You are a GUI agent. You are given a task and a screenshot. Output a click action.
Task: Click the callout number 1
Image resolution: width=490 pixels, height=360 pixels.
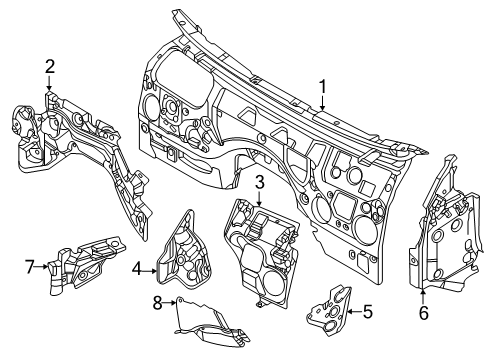322,87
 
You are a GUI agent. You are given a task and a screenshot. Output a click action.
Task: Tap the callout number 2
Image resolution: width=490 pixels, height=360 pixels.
50,67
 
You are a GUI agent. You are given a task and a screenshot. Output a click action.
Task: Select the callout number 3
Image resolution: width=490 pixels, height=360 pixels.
260,183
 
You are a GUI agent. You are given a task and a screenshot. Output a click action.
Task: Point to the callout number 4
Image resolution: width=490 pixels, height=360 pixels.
137,269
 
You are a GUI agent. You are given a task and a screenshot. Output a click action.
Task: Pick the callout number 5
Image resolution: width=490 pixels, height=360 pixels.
368,312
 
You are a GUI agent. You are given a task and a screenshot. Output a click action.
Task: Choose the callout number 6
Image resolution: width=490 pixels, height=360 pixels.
424,313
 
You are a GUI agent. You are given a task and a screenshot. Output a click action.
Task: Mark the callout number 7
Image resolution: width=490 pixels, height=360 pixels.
30,267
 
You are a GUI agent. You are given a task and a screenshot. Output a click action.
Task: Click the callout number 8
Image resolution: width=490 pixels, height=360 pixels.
157,303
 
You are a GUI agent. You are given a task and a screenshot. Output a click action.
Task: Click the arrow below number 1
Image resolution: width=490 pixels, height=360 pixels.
322,103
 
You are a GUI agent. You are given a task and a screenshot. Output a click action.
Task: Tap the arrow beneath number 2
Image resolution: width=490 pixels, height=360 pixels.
49,83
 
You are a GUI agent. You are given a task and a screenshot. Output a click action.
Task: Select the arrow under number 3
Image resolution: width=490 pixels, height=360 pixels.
260,198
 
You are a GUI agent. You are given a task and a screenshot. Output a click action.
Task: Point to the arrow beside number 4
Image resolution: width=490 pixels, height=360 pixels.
150,272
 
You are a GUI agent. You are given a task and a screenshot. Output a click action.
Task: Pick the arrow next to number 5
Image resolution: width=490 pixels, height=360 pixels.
354,312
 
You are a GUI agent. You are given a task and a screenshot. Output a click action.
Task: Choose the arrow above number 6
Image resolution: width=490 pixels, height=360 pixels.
423,297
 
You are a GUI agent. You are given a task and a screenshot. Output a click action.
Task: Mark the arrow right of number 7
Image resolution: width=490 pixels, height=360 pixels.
42,266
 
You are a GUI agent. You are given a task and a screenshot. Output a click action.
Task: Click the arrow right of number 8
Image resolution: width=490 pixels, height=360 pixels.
169,303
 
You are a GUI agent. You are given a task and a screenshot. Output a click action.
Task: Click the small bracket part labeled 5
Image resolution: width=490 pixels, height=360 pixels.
329,310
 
